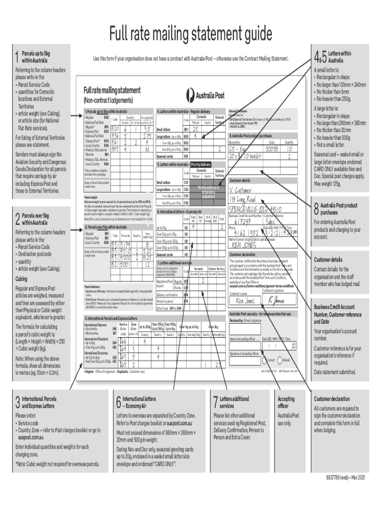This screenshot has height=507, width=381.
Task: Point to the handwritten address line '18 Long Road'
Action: pyautogui.click(x=247, y=200)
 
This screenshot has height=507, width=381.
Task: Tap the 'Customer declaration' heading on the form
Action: pyautogui.click(x=245, y=254)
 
